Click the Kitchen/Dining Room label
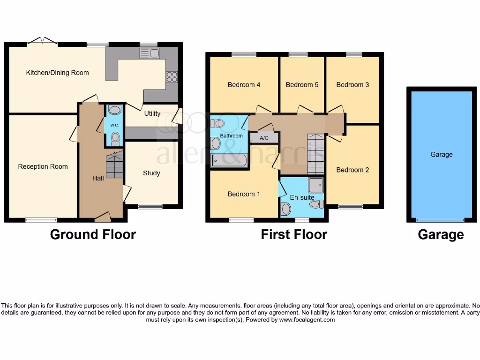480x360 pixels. pyautogui.click(x=57, y=73)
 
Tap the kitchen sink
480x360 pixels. pyautogui.click(x=150, y=53)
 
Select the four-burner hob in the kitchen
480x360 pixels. pyautogui.click(x=172, y=77)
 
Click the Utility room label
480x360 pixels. pyautogui.click(x=152, y=113)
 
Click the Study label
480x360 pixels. pyautogui.click(x=151, y=173)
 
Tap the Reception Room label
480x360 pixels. pyautogui.click(x=43, y=166)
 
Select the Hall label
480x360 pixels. pyautogui.click(x=98, y=178)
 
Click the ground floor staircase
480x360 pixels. pyautogui.click(x=114, y=165)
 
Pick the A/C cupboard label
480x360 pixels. pyautogui.click(x=264, y=138)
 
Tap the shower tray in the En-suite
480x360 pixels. pyautogui.click(x=316, y=185)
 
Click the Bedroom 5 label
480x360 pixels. pyautogui.click(x=302, y=85)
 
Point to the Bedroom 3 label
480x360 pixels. pyautogui.click(x=352, y=85)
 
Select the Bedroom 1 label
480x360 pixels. pyautogui.click(x=244, y=194)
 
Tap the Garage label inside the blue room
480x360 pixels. pyautogui.click(x=442, y=154)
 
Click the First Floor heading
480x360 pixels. pyautogui.click(x=294, y=234)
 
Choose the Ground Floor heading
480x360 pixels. pyautogui.click(x=93, y=234)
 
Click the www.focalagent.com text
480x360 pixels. pyautogui.click(x=307, y=320)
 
